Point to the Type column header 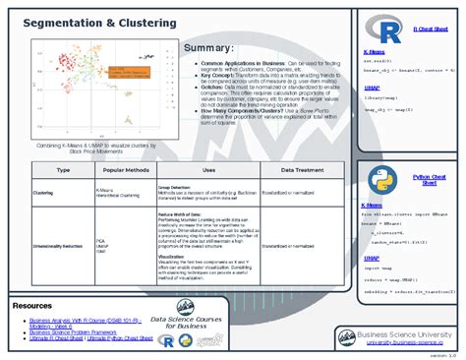click(63, 170)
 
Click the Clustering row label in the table click(43, 193)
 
